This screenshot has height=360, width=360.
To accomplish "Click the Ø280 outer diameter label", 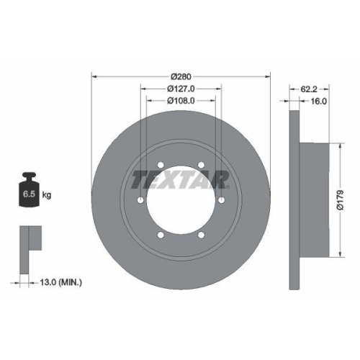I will pyautogui.click(x=180, y=76).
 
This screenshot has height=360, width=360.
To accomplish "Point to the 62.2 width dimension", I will pyautogui.click(x=308, y=90).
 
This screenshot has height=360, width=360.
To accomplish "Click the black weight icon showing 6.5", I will pyautogui.click(x=30, y=191).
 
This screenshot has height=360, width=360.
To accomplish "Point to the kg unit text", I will pyautogui.click(x=48, y=195).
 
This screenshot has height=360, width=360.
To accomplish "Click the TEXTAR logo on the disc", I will pyautogui.click(x=180, y=180).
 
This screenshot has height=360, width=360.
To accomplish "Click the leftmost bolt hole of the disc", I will pyautogui.click(x=138, y=199).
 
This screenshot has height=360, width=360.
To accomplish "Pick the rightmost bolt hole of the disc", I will pyautogui.click(x=222, y=199).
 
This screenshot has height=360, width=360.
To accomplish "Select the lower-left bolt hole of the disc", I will pyautogui.click(x=159, y=235).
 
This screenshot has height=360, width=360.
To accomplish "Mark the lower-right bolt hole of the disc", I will pyautogui.click(x=202, y=235).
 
